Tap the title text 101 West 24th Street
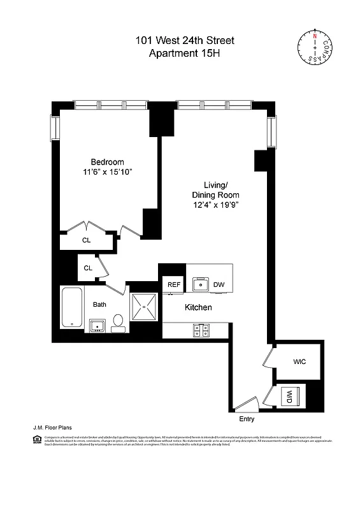[184, 41]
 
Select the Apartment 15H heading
[184, 54]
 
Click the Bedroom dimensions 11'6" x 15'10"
[107, 173]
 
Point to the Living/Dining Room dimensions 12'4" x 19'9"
[216, 205]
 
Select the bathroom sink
[97, 326]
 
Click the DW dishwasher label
[219, 284]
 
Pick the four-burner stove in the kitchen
[201, 330]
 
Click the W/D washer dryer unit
[289, 395]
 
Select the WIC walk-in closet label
[299, 361]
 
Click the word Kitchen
[198, 307]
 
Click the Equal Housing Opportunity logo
[36, 439]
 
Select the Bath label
[99, 305]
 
